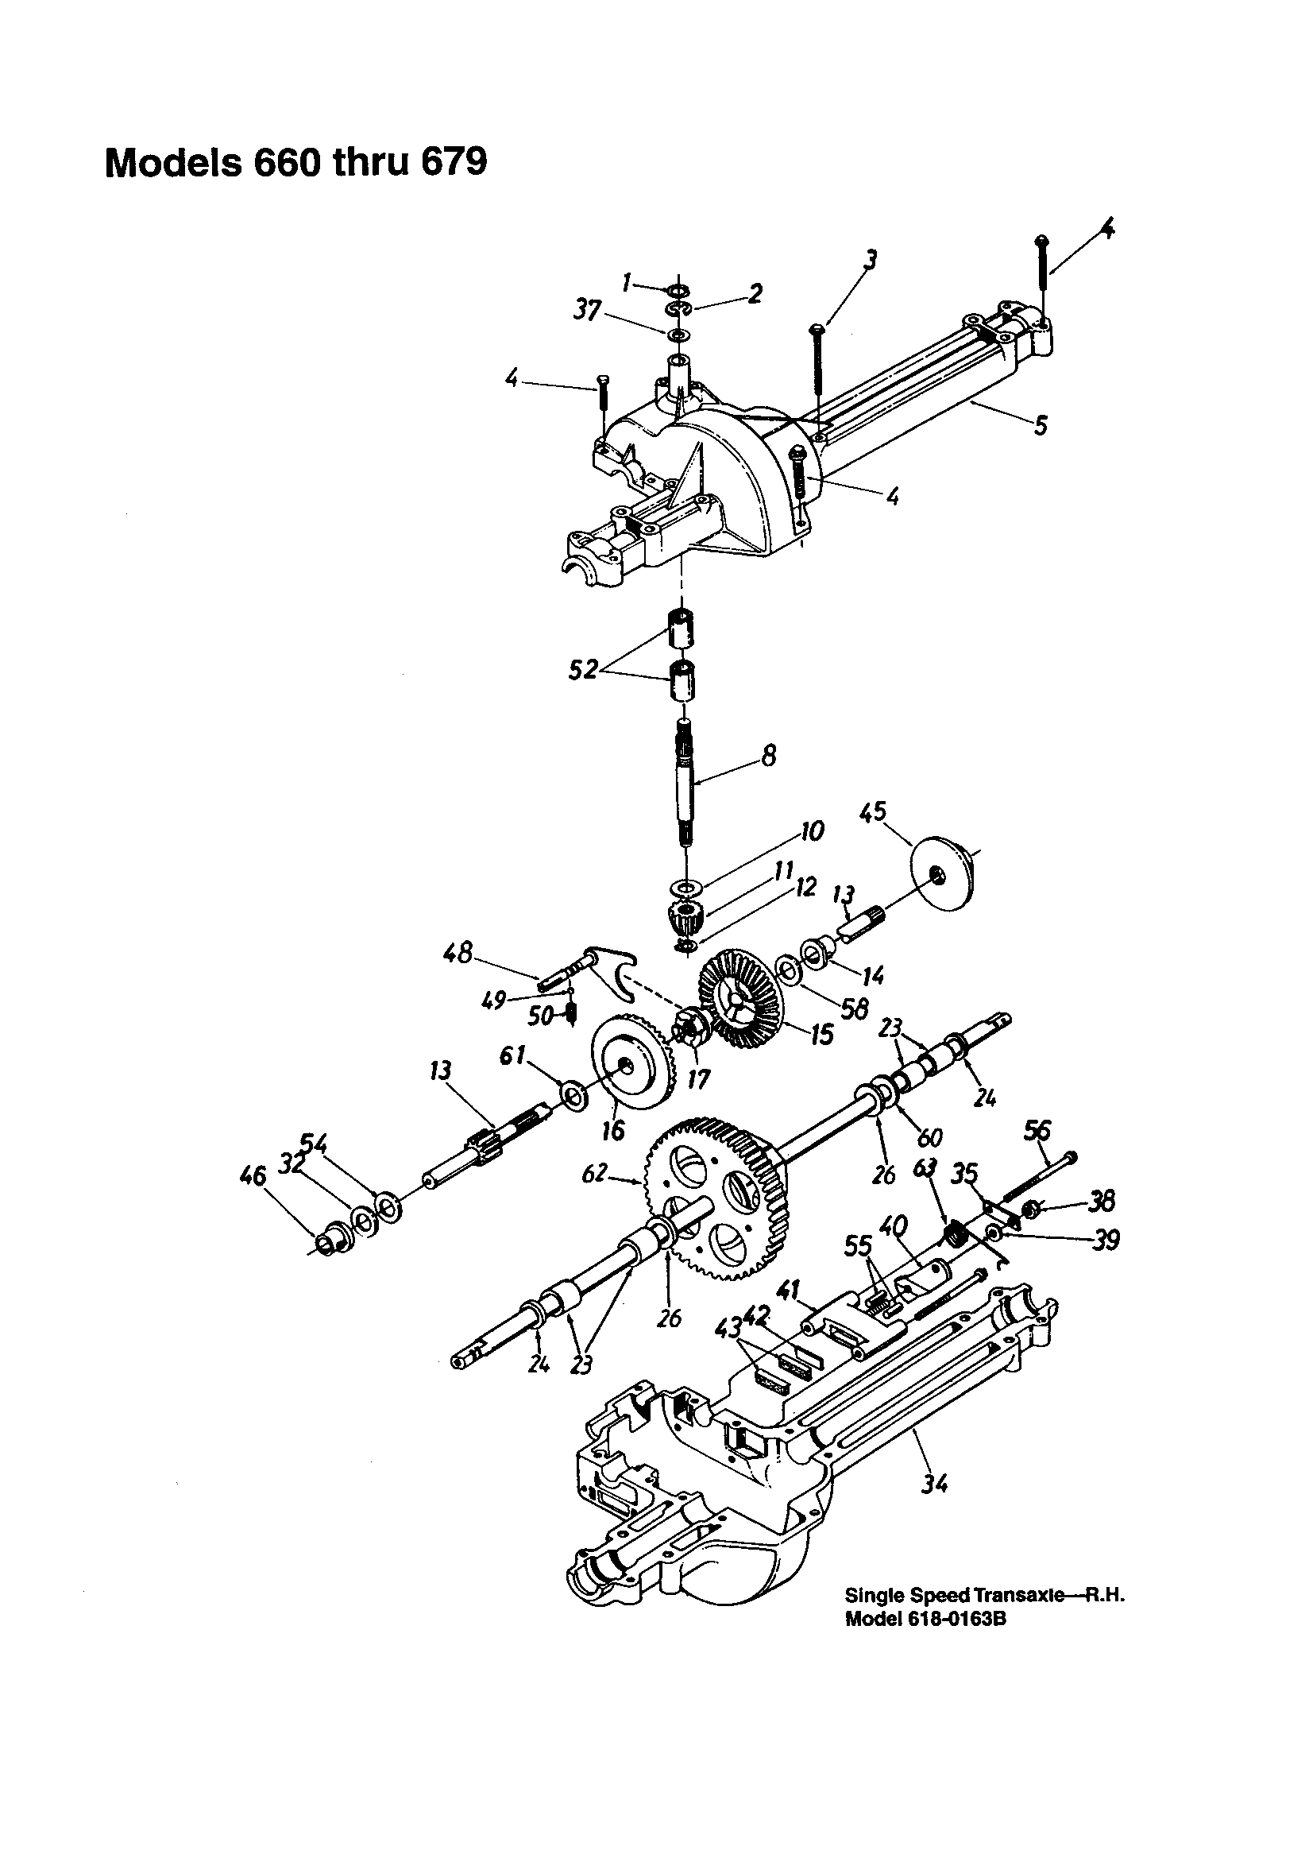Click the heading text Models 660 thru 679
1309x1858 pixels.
click(296, 163)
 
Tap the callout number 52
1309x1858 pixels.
click(582, 670)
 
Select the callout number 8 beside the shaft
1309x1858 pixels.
click(769, 756)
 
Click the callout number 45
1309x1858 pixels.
click(873, 811)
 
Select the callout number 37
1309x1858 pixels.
click(588, 309)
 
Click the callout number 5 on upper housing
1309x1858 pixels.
click(1041, 424)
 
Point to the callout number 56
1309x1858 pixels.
click(1038, 1130)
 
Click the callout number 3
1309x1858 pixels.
click(870, 260)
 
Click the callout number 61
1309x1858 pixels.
click(513, 1055)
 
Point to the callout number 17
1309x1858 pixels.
click(698, 1078)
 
